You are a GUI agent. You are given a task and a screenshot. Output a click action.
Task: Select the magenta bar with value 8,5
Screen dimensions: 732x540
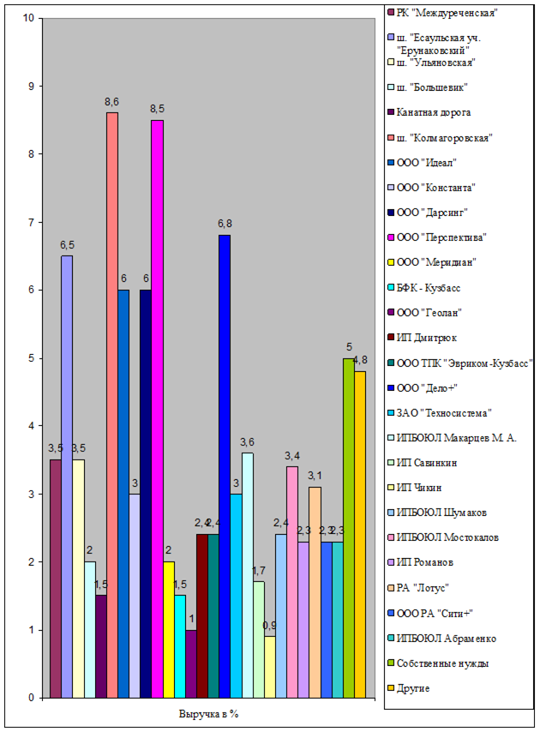[157, 408]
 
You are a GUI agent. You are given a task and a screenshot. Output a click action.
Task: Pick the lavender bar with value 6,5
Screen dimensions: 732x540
[67, 476]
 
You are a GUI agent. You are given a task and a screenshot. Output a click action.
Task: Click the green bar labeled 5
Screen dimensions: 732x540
[348, 527]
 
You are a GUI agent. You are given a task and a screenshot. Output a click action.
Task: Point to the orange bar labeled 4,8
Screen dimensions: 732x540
[359, 534]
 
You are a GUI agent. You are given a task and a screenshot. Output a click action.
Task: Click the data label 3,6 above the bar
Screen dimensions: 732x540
[248, 442]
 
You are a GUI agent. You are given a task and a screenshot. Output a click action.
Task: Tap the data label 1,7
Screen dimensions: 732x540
[258, 571]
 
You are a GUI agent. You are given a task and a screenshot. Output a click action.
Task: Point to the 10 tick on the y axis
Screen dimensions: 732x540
[29, 18]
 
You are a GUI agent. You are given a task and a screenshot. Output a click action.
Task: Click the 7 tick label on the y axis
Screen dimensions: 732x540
[32, 222]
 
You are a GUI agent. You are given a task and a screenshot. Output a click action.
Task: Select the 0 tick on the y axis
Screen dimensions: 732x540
[32, 698]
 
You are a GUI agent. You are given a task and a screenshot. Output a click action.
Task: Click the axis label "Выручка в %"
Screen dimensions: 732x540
[208, 714]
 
